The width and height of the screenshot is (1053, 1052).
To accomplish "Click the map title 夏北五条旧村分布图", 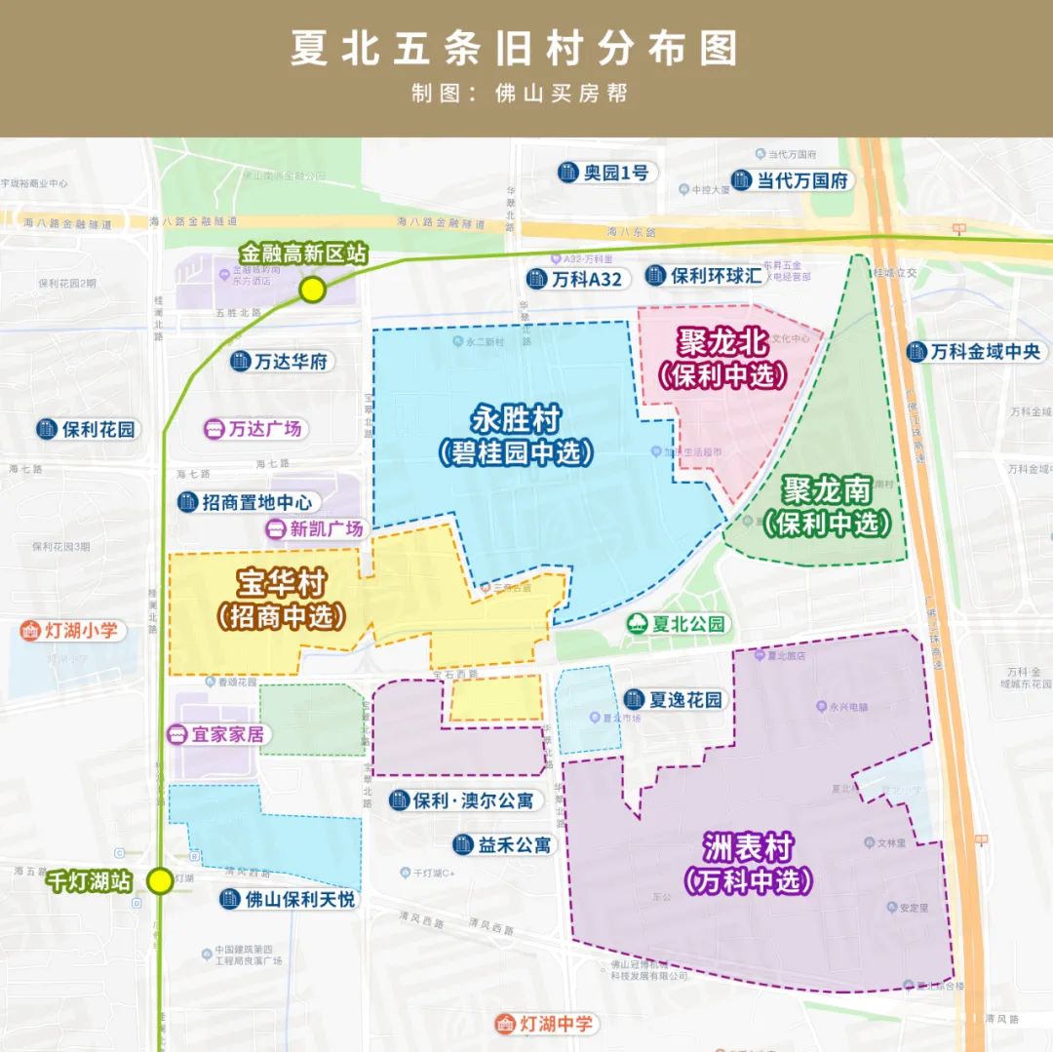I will tap(514, 49).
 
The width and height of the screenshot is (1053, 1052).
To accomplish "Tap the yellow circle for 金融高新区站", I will tap(312, 290).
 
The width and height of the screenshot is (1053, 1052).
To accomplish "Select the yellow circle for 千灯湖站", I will tap(160, 881).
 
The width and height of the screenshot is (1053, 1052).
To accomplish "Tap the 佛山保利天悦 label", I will tap(288, 899).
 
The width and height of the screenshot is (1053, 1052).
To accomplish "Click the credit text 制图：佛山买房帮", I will tap(520, 94).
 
